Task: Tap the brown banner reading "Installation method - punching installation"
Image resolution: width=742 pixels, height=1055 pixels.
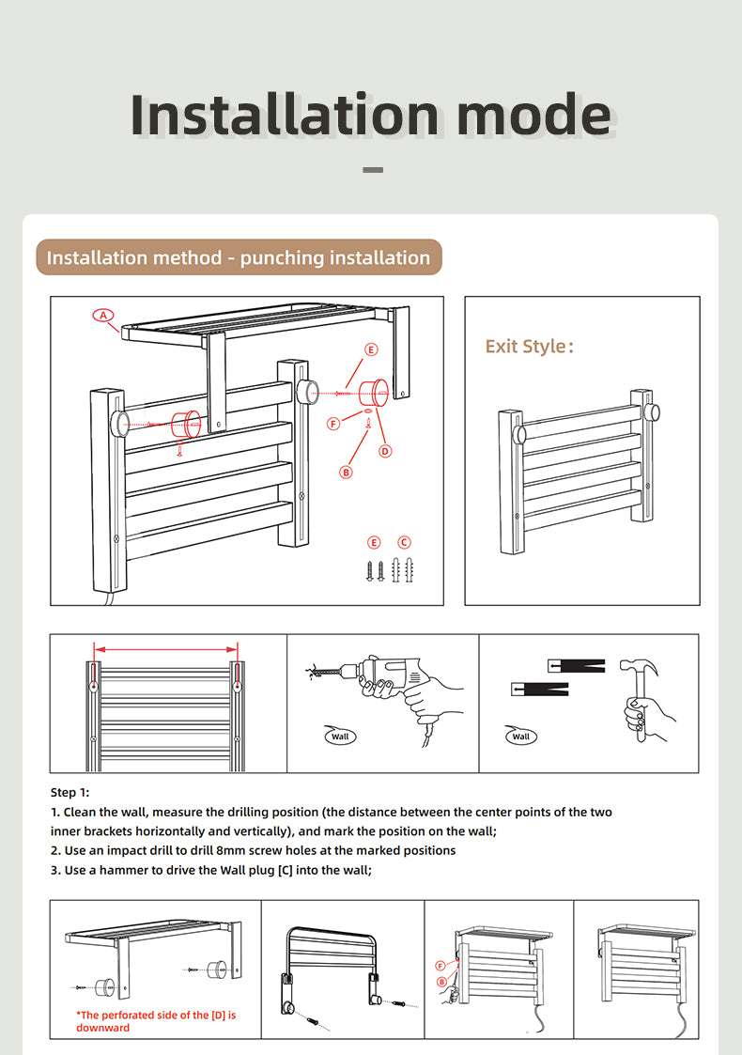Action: pos(239,257)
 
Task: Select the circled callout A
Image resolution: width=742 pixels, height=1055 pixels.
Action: pos(102,315)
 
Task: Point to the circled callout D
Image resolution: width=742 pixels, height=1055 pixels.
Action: pos(385,451)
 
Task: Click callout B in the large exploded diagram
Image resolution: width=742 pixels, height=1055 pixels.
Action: pos(346,472)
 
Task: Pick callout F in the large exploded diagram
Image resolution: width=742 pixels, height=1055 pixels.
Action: pos(333,424)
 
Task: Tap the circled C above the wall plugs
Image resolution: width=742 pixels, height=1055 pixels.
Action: pos(404,542)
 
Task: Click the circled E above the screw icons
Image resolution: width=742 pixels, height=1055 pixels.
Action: pos(375,542)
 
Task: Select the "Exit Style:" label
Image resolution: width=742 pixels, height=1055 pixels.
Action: pos(529,347)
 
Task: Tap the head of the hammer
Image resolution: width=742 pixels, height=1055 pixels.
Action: pos(638,669)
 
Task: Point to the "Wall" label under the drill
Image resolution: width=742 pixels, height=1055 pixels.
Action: pos(340,737)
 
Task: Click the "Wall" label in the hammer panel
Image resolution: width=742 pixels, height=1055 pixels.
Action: pos(521,737)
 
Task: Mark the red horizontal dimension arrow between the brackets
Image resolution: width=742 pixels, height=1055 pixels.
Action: pos(165,646)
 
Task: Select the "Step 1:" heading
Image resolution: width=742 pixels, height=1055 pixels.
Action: pos(70,793)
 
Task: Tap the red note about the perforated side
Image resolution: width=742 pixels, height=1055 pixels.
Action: pos(155,1021)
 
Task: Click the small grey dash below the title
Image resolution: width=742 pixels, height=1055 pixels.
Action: pos(373,171)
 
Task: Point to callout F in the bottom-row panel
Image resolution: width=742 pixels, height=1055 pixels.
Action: pos(440,965)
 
